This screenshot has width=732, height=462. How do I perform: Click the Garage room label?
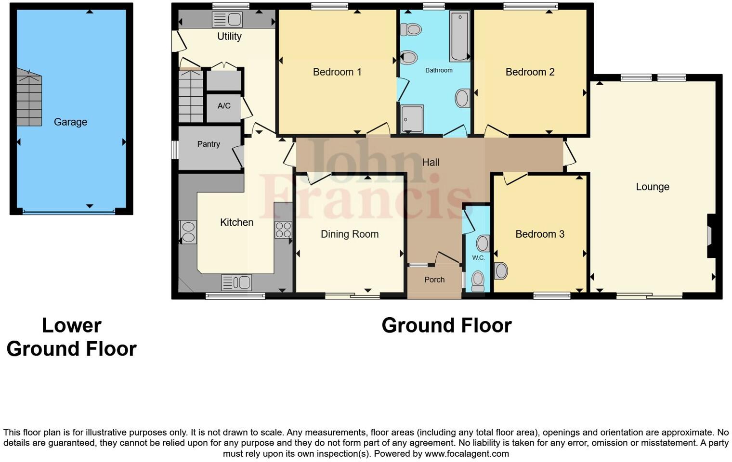(x=70, y=122)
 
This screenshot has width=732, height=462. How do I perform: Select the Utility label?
(x=229, y=37)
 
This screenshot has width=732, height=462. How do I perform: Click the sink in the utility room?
(x=227, y=20)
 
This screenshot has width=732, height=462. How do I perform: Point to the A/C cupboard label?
(x=224, y=106)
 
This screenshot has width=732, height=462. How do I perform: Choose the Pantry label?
(x=209, y=144)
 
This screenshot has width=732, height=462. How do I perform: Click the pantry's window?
(x=175, y=149)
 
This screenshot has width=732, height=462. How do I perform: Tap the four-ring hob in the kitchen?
(x=283, y=230)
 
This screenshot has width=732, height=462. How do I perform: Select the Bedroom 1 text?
(x=337, y=72)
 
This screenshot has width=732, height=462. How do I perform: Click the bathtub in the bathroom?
(x=459, y=37)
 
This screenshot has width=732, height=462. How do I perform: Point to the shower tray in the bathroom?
(x=412, y=118)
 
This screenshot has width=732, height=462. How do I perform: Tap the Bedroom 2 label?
(x=530, y=72)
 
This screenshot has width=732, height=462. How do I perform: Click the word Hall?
(x=431, y=163)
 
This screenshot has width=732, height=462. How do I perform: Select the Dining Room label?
(x=350, y=234)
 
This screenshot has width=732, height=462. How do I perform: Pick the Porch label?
(x=434, y=280)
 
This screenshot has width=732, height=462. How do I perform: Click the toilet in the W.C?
(x=478, y=281)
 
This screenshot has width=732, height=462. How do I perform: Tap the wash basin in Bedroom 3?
(x=501, y=270)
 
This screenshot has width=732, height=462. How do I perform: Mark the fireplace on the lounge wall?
(x=710, y=236)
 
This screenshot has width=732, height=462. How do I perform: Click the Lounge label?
(x=653, y=187)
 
